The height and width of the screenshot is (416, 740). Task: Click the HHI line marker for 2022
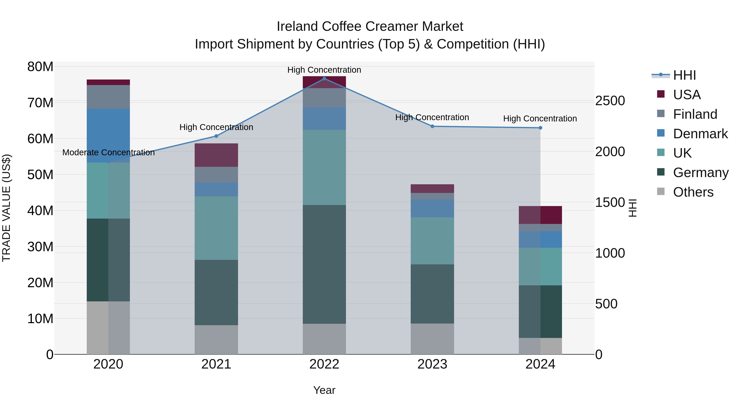[324, 79]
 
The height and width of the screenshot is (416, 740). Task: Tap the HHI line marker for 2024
[540, 128]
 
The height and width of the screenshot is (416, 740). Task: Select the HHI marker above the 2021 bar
[216, 136]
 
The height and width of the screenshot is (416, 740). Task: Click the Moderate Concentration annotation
[108, 152]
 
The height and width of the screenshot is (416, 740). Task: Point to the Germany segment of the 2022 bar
[324, 264]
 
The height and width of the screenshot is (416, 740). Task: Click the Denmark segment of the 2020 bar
[108, 136]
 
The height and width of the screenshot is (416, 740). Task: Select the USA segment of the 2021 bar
[216, 155]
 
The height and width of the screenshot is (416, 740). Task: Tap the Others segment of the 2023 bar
[432, 339]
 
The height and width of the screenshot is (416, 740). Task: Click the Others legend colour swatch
[661, 191]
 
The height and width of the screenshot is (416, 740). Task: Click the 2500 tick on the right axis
[610, 101]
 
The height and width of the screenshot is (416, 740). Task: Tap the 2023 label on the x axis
[432, 364]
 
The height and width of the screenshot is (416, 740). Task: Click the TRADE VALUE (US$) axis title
[6, 208]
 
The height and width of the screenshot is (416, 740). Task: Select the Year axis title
[324, 390]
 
